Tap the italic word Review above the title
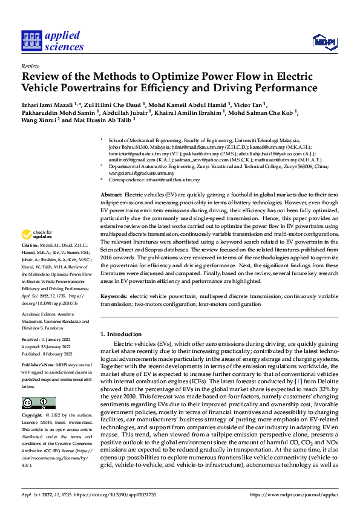[x=30, y=66]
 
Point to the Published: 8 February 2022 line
[x=48, y=354]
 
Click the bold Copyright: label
[x=33, y=416]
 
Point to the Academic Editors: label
[x=39, y=315]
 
